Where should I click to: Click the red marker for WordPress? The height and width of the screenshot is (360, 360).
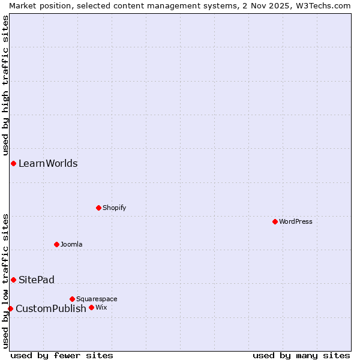[x=275, y=221]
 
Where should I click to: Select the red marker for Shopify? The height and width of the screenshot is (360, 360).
[x=98, y=208]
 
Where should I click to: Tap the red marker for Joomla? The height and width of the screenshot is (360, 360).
[x=56, y=244]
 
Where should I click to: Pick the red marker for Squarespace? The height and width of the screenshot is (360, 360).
[x=72, y=299]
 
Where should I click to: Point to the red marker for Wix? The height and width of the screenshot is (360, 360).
[x=91, y=308]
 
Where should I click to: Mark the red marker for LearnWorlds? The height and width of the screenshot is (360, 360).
[x=13, y=163]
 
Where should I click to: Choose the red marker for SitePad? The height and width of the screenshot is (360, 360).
[x=13, y=280]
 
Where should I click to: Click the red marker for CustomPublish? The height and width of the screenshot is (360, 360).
[x=10, y=308]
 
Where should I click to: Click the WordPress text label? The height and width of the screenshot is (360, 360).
[x=296, y=221]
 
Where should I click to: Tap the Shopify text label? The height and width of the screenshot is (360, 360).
[x=114, y=208]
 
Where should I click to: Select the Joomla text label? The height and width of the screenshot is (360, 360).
[x=71, y=244]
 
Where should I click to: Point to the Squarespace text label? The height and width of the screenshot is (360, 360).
[x=97, y=299]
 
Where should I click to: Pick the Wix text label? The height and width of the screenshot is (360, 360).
[x=101, y=308]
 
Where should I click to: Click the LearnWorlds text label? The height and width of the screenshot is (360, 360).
[x=48, y=163]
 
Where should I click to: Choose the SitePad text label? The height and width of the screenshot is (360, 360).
[x=37, y=280]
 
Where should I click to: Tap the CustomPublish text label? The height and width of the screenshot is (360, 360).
[x=51, y=308]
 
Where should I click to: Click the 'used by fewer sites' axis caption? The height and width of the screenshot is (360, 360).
[x=62, y=355]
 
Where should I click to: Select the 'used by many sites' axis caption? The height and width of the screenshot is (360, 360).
[x=301, y=355]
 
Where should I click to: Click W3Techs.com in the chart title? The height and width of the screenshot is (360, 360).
[x=322, y=5]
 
